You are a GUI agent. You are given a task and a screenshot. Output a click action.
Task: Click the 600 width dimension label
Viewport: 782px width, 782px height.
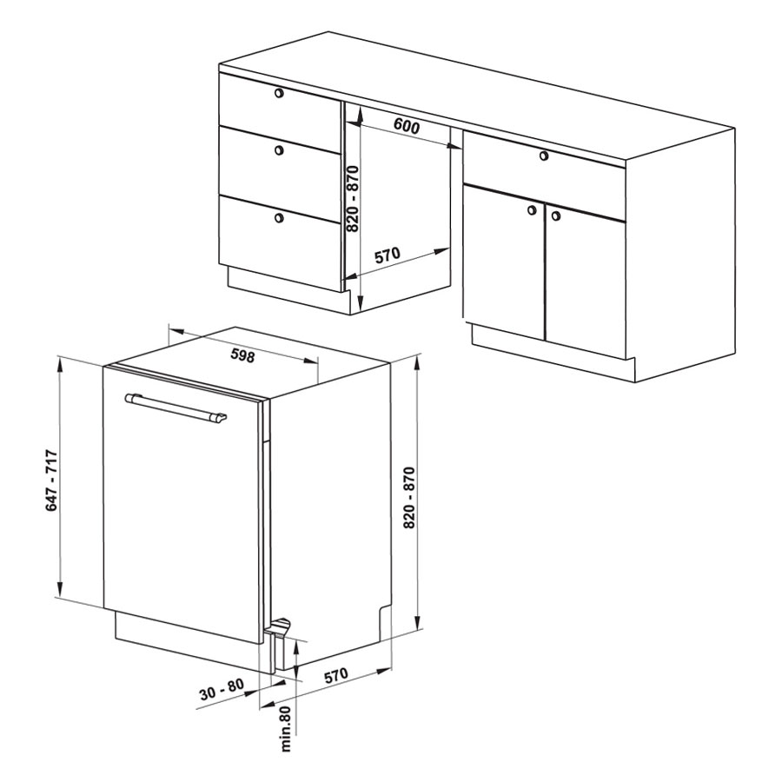pos(407,126)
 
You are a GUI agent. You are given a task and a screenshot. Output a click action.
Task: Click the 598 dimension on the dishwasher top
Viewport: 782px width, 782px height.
pos(243,355)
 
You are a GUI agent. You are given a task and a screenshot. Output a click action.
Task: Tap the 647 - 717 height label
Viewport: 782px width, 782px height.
pos(52,480)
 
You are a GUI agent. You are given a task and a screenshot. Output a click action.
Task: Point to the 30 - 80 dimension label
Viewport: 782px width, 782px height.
pos(222,689)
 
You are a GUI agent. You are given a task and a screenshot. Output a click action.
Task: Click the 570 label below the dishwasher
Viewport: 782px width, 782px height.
pos(335,676)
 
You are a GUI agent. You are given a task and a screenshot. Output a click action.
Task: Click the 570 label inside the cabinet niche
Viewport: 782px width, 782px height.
pos(387,255)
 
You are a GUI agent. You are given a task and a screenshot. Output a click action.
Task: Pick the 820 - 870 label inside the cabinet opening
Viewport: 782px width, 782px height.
pos(353,199)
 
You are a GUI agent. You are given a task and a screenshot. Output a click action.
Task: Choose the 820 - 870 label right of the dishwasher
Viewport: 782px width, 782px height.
pos(409,498)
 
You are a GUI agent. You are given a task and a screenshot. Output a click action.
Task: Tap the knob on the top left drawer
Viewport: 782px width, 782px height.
pos(279,93)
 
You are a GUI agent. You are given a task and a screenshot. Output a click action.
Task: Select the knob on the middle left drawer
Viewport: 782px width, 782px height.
pos(279,149)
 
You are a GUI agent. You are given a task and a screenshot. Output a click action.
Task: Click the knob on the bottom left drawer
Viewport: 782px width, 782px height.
pos(279,217)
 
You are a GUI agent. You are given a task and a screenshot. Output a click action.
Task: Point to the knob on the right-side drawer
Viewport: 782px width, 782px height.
pos(544,156)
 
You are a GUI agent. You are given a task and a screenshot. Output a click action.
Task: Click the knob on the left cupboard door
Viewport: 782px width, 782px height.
pos(532,210)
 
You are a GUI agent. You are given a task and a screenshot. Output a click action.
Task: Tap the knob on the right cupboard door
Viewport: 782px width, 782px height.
pos(556,216)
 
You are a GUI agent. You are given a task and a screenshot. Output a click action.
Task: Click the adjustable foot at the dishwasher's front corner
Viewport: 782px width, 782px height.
pos(280,626)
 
